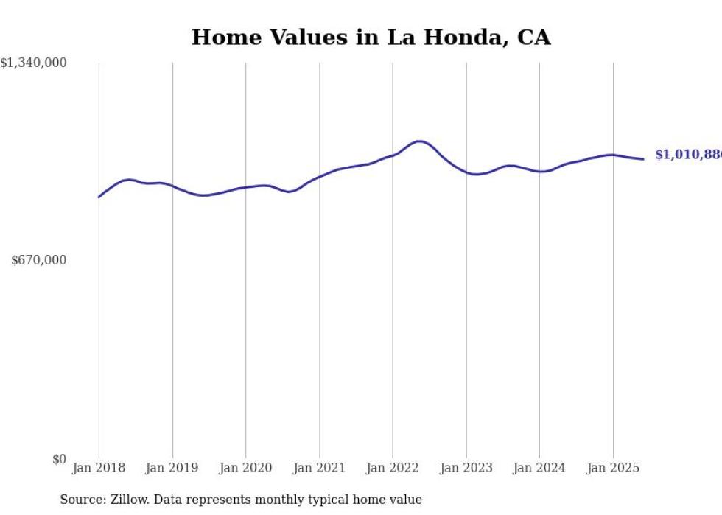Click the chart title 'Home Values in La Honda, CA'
[x=371, y=38]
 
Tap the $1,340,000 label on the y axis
[x=34, y=63]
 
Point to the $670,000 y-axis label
[x=39, y=260]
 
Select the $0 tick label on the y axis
[x=59, y=459]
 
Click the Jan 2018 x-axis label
[x=99, y=468]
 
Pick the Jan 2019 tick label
[x=172, y=468]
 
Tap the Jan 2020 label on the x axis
[x=245, y=468]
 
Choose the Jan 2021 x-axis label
[x=319, y=468]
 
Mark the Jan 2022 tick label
[x=393, y=468]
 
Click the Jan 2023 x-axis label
[x=466, y=468]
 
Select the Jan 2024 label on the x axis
[x=539, y=468]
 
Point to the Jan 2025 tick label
[x=613, y=468]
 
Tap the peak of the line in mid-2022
[x=419, y=141]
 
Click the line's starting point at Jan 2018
[x=99, y=197]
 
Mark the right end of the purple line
[x=643, y=158]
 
